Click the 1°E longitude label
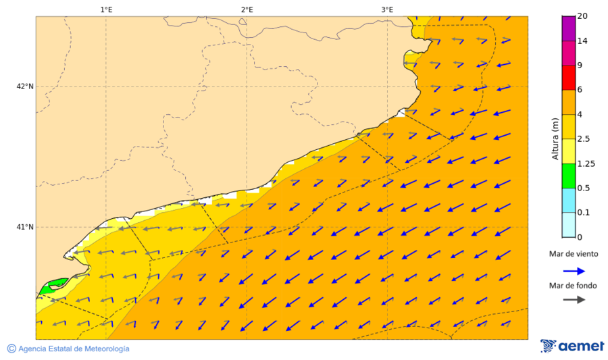point(106,9)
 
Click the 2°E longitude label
point(247,9)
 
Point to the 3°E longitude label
point(387,9)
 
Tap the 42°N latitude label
point(25,86)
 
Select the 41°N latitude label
point(25,227)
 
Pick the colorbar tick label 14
point(582,41)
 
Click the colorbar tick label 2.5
point(584,138)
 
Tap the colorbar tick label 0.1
point(584,212)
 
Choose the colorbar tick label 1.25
point(586,163)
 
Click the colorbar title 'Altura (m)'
point(555,138)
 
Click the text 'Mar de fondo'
point(574,286)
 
